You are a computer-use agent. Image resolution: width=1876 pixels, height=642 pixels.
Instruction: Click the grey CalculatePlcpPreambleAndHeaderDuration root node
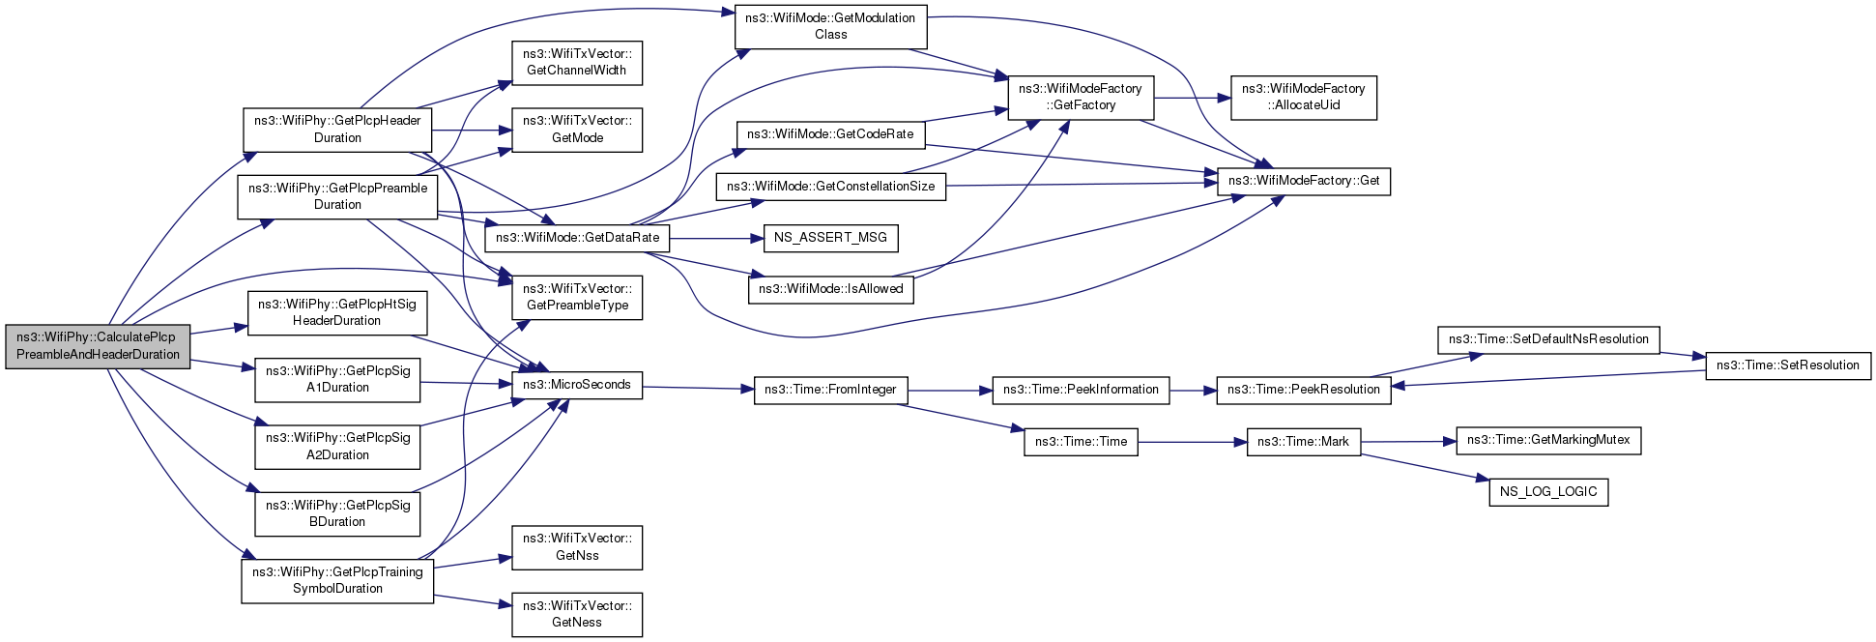click(98, 346)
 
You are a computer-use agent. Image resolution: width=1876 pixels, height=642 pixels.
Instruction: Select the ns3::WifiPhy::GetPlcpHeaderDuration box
click(337, 130)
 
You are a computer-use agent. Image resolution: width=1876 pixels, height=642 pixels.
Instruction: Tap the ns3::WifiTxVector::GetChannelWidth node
click(577, 62)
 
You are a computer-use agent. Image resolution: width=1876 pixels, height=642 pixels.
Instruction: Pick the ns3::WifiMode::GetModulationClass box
click(830, 26)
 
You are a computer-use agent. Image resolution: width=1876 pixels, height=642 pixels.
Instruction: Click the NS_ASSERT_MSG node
click(830, 238)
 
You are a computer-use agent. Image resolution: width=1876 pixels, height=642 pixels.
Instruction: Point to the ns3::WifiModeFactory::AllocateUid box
click(1303, 97)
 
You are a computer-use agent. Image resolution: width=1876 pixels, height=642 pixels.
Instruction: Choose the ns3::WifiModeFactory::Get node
click(1304, 181)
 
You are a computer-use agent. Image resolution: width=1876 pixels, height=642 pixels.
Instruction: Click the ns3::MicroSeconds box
click(577, 385)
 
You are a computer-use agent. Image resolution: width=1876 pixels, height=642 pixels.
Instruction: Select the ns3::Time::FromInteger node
click(830, 390)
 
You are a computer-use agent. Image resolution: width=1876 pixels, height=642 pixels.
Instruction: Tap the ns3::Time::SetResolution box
click(1788, 365)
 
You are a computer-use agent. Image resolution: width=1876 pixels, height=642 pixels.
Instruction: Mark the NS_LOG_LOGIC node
click(1548, 492)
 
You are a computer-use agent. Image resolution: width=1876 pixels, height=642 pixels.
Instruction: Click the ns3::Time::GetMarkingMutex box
click(1548, 441)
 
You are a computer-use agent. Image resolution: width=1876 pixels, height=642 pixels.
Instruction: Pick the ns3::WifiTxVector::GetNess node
click(577, 614)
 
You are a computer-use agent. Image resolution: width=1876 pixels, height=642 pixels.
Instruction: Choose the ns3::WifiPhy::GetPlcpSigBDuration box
click(337, 513)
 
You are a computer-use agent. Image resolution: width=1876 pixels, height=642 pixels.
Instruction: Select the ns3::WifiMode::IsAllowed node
click(830, 289)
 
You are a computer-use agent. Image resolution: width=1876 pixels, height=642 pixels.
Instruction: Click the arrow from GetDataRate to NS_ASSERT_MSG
click(716, 238)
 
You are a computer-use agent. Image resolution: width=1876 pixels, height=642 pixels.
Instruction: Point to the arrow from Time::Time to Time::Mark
click(1193, 442)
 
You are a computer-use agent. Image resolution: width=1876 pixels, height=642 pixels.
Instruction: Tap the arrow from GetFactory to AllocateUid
click(1192, 98)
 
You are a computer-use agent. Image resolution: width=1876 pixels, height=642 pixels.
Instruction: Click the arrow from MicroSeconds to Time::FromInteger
click(698, 388)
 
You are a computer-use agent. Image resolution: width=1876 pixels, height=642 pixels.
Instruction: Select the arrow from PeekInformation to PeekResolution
click(1193, 391)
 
